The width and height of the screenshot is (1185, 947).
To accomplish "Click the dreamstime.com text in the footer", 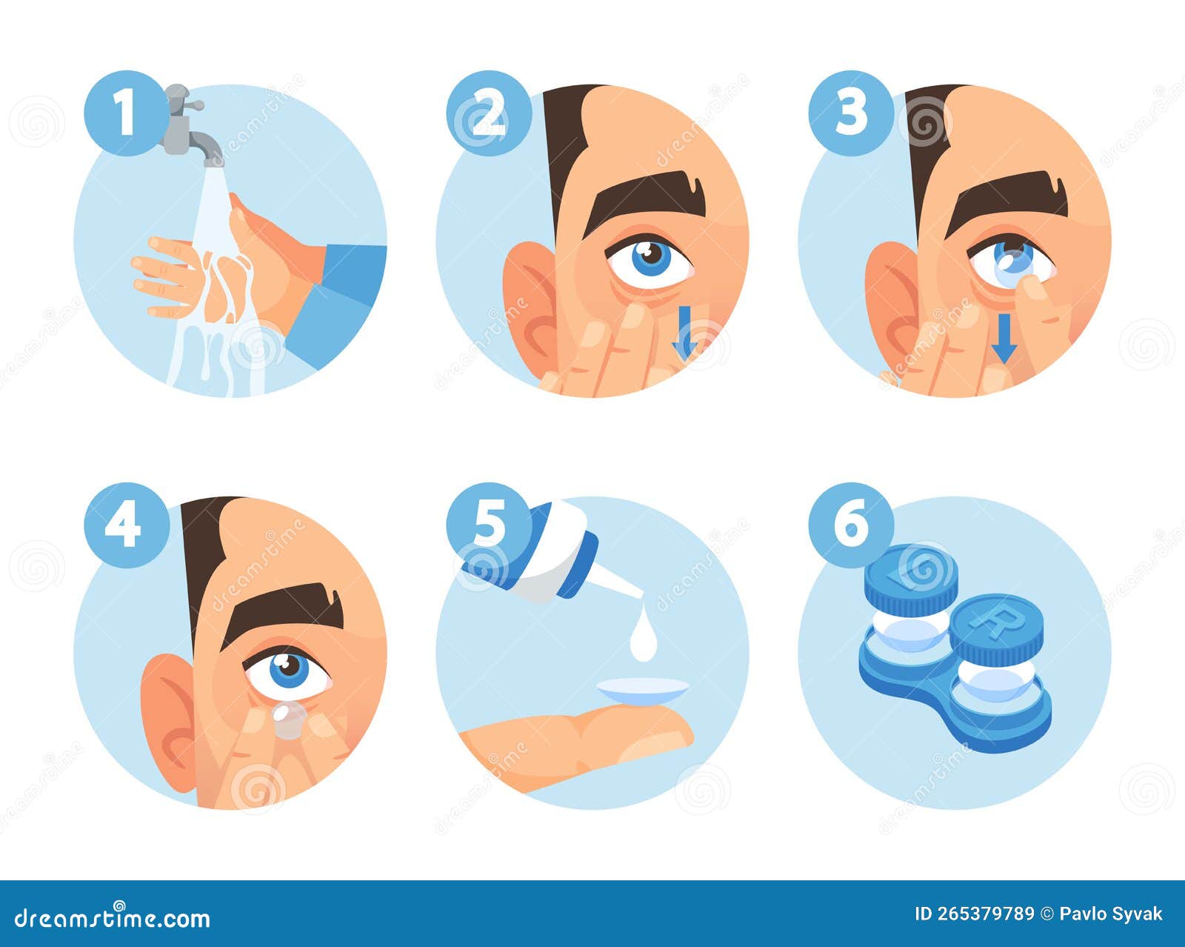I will tap(113, 919).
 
